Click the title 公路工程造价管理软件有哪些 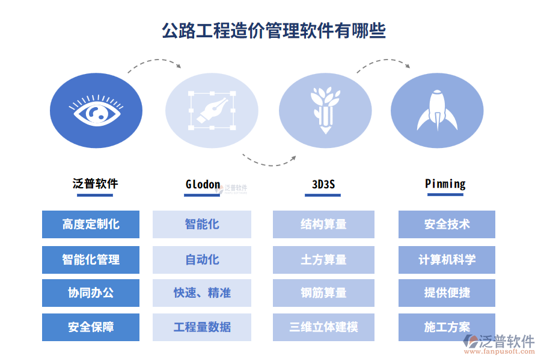[x=274, y=31]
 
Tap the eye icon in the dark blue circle [x=96, y=110]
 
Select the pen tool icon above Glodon [x=212, y=111]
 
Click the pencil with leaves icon [x=325, y=110]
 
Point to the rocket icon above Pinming [x=437, y=110]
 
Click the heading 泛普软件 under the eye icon [x=95, y=184]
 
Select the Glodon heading [x=203, y=184]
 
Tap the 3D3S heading [x=323, y=184]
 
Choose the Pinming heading [x=445, y=184]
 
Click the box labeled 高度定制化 [x=91, y=224]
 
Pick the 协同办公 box [x=91, y=293]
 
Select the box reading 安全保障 [x=91, y=327]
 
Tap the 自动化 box [x=202, y=260]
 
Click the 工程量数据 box [x=202, y=327]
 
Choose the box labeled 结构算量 [x=323, y=224]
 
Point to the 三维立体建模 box [x=323, y=327]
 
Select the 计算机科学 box [x=447, y=260]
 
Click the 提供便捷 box [x=447, y=293]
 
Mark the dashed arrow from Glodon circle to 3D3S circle [x=269, y=165]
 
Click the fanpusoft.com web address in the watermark [x=500, y=351]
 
